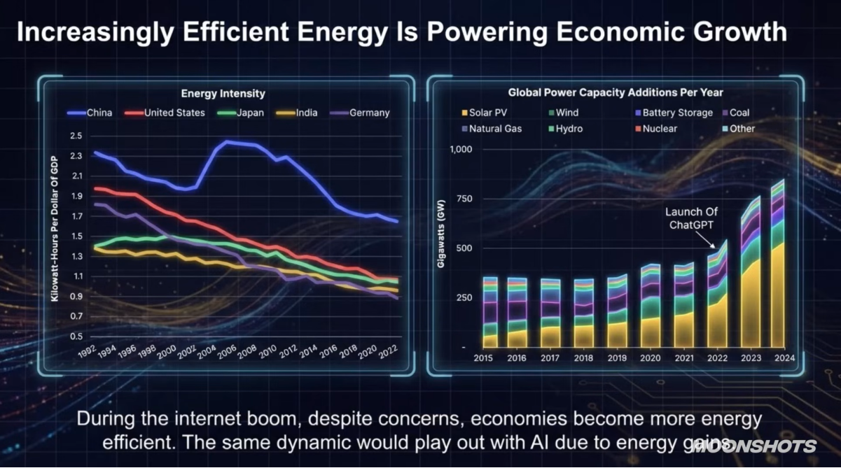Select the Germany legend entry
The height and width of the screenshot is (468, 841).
[x=360, y=113]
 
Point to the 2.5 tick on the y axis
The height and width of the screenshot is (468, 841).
[x=76, y=136]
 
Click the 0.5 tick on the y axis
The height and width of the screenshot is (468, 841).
[x=76, y=336]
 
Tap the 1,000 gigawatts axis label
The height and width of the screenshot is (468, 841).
[x=460, y=150]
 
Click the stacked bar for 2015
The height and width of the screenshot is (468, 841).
[x=490, y=312]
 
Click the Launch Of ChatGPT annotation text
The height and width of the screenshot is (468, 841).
[x=692, y=218]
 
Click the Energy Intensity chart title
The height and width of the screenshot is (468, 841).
[x=223, y=94]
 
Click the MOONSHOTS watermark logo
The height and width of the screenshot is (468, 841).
[x=755, y=446]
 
